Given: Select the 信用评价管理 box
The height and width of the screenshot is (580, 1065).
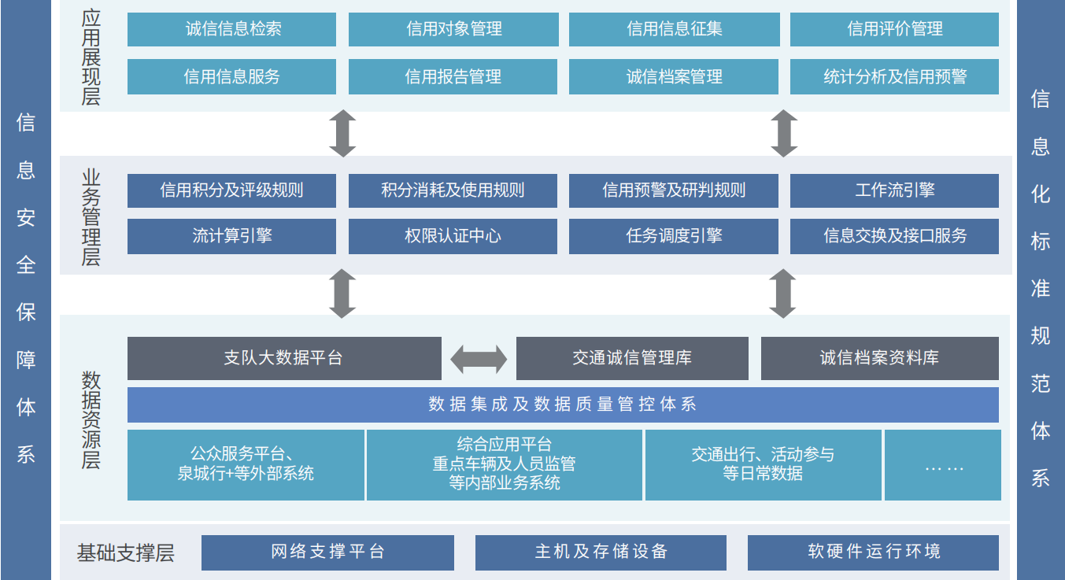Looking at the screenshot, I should tap(894, 29).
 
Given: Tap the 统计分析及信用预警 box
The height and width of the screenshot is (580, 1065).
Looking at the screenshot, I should tap(894, 76).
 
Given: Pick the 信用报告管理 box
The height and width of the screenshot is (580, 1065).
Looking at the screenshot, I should tap(453, 76).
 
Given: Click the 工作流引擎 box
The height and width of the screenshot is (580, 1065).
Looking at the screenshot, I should tap(894, 190).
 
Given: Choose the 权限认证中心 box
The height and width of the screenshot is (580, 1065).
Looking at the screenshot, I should tap(453, 236).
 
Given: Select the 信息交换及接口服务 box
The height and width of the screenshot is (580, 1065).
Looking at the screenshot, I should tap(894, 236).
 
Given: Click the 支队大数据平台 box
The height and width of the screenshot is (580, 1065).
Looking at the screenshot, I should tap(284, 358).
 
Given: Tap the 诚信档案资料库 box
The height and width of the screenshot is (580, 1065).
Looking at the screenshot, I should tap(879, 358).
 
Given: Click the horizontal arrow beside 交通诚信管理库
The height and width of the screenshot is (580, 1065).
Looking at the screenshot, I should tap(479, 359).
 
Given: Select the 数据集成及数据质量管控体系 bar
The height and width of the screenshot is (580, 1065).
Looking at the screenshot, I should tap(563, 405).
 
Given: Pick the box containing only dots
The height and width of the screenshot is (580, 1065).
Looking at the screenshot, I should tap(943, 465).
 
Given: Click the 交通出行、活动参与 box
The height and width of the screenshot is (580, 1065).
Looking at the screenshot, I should tap(763, 465).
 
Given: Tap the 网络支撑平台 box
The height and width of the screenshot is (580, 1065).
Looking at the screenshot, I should tap(327, 552).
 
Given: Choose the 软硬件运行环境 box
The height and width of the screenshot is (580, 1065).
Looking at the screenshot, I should tap(873, 552).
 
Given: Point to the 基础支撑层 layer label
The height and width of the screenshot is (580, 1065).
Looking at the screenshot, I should tap(126, 552).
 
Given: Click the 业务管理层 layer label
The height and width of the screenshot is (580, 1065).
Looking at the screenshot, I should tap(91, 216).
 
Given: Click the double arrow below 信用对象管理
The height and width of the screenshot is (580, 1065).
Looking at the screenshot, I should tap(342, 133).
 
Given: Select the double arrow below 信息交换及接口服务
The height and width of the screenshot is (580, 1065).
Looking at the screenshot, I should tap(782, 294).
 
